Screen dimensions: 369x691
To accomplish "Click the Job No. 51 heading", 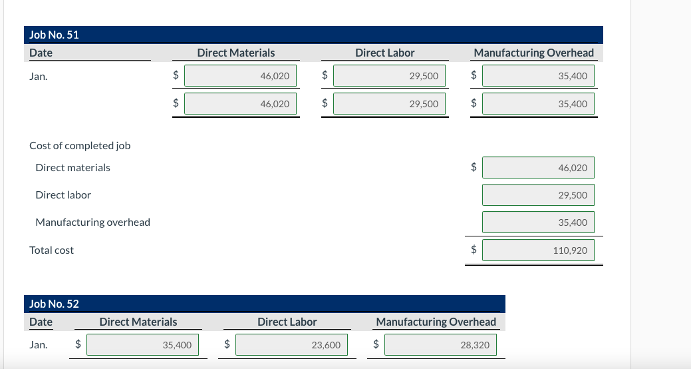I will (55, 35).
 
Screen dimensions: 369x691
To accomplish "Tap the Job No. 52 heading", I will (55, 304).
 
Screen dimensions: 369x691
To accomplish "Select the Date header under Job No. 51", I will (41, 53).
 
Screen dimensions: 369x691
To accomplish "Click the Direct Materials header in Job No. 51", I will (235, 53).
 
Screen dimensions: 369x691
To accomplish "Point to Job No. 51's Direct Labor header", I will (384, 53).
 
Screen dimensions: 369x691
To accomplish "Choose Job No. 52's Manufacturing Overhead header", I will (436, 322).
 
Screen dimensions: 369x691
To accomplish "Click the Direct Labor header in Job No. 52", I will (287, 322).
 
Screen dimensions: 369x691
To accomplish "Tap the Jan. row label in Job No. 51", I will (39, 77).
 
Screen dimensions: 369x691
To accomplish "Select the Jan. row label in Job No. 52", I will (39, 345).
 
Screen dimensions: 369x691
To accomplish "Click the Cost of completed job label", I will (80, 145).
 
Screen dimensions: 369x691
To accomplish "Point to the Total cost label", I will (52, 250).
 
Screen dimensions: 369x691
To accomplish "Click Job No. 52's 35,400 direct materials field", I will (142, 345).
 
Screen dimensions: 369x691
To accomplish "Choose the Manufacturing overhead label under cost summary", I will (92, 222).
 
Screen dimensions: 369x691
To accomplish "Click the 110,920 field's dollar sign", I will (474, 250).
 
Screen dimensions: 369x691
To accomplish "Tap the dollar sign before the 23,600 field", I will (227, 345).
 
